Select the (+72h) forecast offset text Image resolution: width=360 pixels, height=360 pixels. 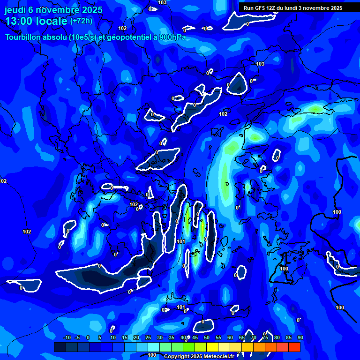[x=81, y=21]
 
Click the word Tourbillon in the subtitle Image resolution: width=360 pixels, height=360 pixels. [x=23, y=37]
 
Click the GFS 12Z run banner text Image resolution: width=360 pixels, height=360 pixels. [x=293, y=7]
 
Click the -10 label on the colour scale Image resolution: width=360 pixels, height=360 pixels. [x=66, y=337]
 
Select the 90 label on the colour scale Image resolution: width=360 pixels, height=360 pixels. [x=300, y=337]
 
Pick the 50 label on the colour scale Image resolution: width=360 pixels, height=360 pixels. [x=206, y=337]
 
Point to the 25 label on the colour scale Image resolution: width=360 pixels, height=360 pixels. [x=148, y=337]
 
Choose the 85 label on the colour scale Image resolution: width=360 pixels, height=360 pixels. [x=288, y=337]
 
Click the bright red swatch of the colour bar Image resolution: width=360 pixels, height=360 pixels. [x=294, y=347]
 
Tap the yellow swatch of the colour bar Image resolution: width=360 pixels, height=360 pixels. [x=212, y=347]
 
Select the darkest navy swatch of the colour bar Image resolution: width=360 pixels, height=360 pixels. [x=60, y=347]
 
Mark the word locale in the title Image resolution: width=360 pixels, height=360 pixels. [x=52, y=21]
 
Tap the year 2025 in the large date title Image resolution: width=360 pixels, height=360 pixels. [x=92, y=9]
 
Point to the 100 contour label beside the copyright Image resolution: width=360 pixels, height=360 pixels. [x=152, y=355]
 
